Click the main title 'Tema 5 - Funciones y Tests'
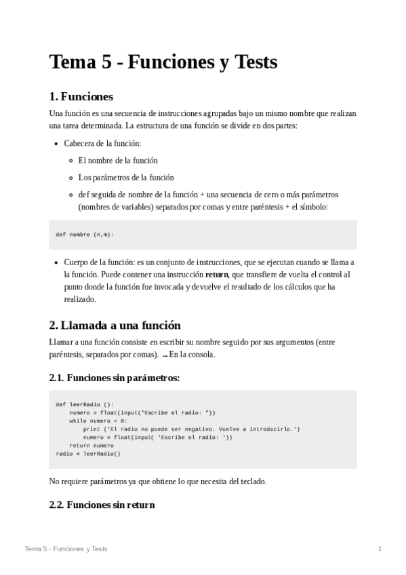pos(163,62)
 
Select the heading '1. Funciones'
pos(81,96)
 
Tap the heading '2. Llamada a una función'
pos(115,325)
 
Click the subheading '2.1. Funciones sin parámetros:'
pos(115,378)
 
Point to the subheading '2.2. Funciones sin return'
pos(102,504)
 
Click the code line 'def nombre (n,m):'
pos(85,235)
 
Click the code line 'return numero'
pos(92,445)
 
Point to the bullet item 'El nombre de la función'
pos(118,161)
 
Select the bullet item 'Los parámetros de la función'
pos(126,178)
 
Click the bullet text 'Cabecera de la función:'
pos(102,144)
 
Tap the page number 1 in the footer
pos(380,549)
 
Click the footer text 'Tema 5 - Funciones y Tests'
pos(66,549)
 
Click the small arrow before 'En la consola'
pos(165,355)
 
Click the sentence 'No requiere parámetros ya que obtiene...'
pos(158,481)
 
